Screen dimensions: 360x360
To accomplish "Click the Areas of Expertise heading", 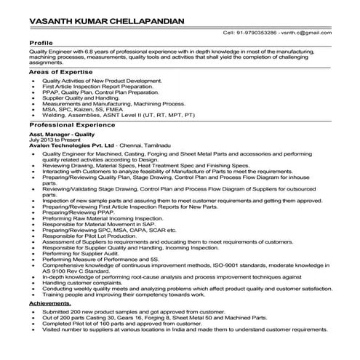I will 57,74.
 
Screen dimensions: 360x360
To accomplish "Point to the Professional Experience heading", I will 69,126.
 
